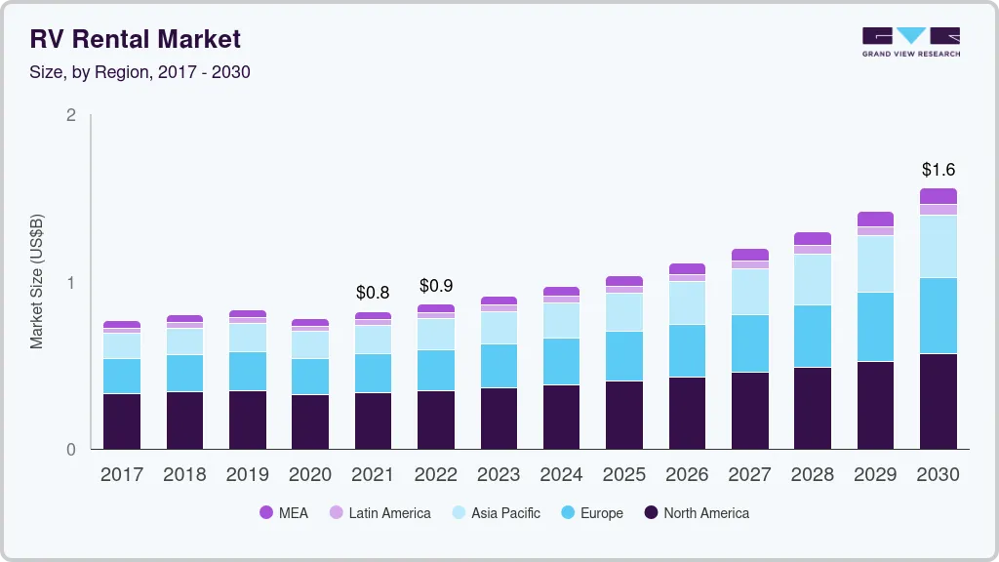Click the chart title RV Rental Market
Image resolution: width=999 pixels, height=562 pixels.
tap(136, 39)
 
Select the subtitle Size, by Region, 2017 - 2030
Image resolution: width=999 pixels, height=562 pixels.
tap(140, 72)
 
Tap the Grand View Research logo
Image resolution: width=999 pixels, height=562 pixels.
tap(910, 41)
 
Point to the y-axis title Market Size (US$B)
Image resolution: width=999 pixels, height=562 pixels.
tap(36, 281)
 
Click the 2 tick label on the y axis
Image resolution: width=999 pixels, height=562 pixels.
tap(70, 115)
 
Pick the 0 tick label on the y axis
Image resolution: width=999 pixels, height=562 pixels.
tap(70, 450)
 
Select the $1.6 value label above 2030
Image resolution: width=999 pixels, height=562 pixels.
tap(938, 169)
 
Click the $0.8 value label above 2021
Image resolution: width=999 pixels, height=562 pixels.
tap(373, 293)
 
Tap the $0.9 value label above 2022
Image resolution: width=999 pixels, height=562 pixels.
tap(436, 286)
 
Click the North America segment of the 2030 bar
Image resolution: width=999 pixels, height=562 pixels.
tap(938, 401)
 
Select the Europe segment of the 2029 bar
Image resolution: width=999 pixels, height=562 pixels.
tap(875, 327)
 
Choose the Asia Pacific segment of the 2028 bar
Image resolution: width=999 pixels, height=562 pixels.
tap(813, 279)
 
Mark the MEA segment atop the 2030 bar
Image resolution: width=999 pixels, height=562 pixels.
tap(938, 196)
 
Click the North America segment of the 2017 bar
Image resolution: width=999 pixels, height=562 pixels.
tap(122, 421)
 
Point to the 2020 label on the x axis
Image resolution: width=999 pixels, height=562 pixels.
tap(310, 474)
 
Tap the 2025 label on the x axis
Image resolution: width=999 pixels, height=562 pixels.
tap(624, 474)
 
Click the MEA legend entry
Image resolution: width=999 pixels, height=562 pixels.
tap(284, 512)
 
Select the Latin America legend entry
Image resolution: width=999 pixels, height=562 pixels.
tap(380, 512)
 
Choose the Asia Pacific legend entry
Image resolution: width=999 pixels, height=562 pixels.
tap(496, 512)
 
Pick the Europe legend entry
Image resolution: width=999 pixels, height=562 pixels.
tap(591, 512)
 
